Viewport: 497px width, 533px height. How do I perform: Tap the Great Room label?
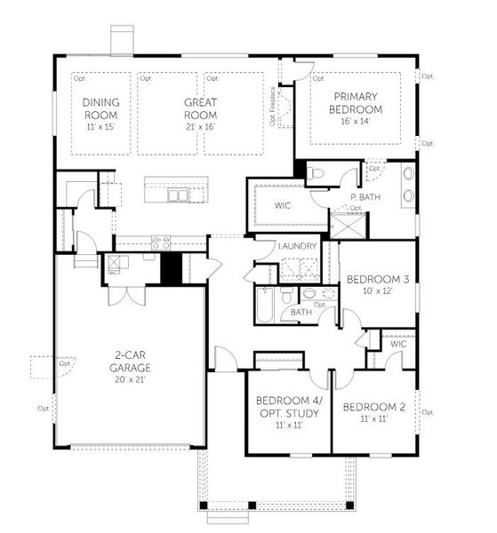point(200,107)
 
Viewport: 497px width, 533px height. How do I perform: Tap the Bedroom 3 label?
point(377,279)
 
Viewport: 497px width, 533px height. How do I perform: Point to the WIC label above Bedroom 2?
point(397,343)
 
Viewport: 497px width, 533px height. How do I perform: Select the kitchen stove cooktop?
point(161,240)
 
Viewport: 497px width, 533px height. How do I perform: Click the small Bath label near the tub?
point(301,312)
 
